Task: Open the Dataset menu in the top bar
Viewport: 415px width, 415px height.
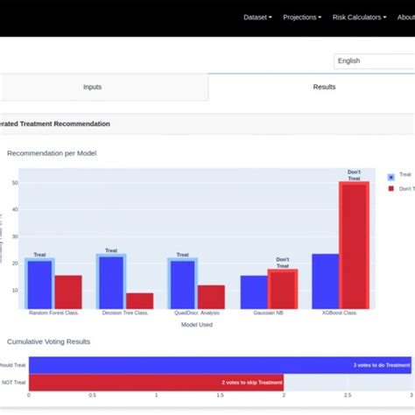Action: point(257,17)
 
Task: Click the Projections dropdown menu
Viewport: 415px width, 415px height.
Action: point(302,17)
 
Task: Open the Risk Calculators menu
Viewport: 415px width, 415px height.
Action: point(359,17)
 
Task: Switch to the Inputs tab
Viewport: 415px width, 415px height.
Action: point(92,87)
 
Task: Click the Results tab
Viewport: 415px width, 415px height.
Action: point(325,87)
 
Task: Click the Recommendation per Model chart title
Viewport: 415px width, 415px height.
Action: point(52,153)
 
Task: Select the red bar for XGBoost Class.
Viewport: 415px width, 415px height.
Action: point(354,245)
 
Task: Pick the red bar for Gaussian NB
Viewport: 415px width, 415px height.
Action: point(283,289)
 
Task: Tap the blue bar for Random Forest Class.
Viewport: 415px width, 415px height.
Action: point(39,284)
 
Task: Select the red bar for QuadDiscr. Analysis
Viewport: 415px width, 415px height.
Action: point(211,297)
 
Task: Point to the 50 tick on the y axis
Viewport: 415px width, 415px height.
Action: point(14,183)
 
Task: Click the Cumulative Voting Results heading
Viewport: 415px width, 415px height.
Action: point(48,341)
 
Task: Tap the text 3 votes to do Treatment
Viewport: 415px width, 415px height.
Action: point(381,365)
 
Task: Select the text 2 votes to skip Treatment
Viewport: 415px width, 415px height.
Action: point(251,383)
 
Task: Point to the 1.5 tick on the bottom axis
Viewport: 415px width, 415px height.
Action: point(220,395)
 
